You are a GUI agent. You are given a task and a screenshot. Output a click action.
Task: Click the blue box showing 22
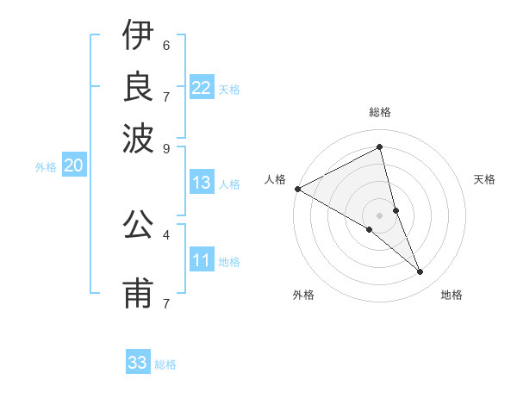[202, 88]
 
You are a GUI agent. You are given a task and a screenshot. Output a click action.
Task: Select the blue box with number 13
[202, 183]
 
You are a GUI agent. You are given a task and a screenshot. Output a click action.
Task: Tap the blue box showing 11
[202, 260]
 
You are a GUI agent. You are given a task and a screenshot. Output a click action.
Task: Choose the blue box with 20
[73, 166]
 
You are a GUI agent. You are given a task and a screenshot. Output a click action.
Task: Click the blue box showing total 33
[138, 363]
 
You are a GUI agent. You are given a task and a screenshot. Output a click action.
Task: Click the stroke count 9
[166, 147]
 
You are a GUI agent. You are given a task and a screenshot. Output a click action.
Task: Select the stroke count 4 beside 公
[166, 234]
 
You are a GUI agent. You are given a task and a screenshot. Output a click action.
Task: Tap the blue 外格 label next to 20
[45, 167]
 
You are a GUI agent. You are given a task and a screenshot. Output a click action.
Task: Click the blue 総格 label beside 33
[165, 364]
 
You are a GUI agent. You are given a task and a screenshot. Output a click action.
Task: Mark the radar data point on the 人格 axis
[297, 189]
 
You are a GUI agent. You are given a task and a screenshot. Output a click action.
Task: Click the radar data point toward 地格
[420, 272]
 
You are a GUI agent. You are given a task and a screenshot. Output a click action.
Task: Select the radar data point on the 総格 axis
[380, 147]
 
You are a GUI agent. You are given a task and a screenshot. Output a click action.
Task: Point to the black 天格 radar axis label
[484, 179]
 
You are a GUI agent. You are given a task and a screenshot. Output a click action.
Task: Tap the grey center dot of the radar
[380, 215]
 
